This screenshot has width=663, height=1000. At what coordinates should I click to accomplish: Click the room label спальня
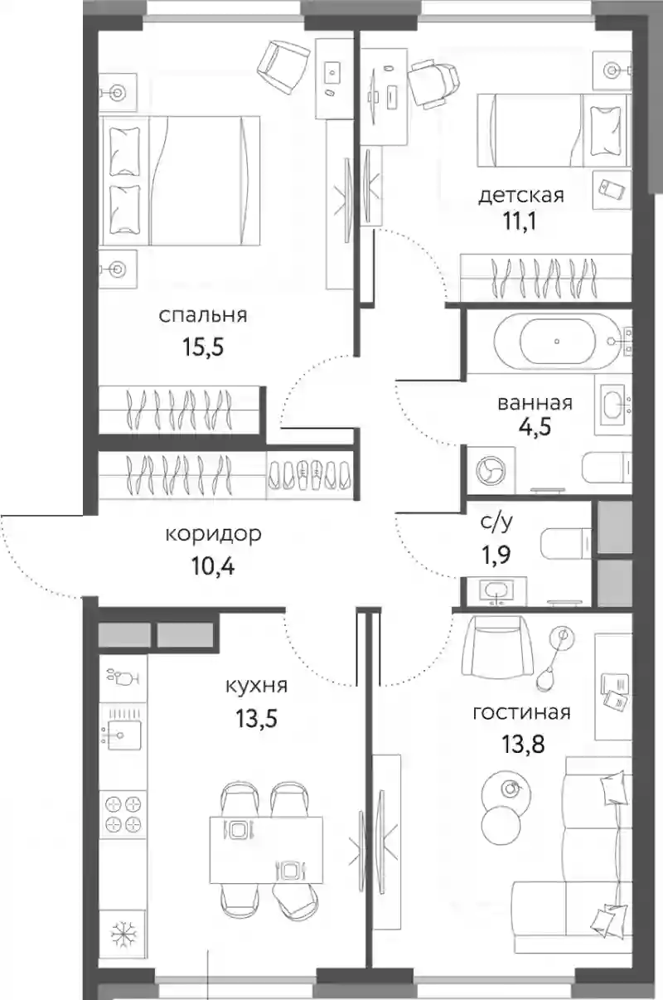(x=203, y=316)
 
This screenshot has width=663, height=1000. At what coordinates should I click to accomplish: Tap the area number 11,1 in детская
(x=520, y=221)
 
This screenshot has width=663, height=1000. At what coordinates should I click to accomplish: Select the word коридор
(x=213, y=534)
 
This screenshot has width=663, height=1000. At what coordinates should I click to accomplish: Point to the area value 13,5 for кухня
(x=257, y=719)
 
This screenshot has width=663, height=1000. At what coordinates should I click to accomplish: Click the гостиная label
(x=521, y=713)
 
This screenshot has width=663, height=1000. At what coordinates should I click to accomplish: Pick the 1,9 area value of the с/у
(x=496, y=556)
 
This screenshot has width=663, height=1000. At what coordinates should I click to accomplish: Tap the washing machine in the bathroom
(x=491, y=469)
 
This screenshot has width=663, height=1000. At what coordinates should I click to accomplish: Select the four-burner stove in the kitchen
(x=123, y=814)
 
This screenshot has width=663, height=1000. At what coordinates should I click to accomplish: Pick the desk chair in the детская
(x=433, y=85)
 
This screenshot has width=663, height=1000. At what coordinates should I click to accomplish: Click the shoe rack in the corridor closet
(x=311, y=474)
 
